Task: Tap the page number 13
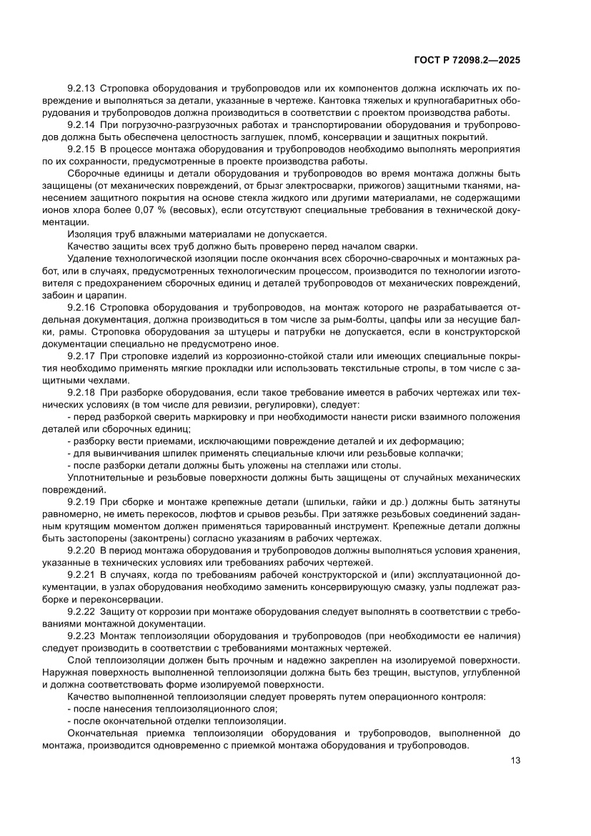tap(515, 760)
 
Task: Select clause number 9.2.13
tap(81, 89)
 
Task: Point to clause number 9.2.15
tap(81, 149)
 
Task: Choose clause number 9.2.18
tap(81, 393)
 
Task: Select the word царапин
tap(109, 295)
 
